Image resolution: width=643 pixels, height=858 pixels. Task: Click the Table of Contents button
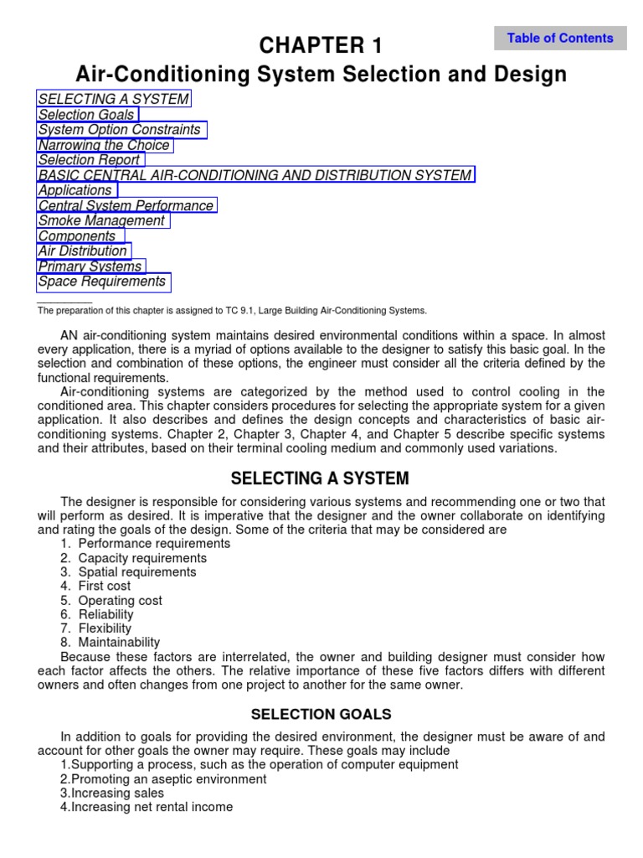pos(560,38)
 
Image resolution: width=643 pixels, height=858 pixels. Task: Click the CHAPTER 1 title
pos(321,45)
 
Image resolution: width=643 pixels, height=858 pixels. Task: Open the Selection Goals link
pos(87,115)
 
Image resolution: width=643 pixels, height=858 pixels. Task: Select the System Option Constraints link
pos(121,130)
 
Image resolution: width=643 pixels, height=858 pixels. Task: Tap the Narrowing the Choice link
pos(105,145)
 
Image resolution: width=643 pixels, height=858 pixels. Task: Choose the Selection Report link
pos(90,160)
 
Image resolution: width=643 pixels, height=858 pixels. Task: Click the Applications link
pos(76,190)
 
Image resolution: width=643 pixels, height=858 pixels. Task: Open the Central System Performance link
pos(126,205)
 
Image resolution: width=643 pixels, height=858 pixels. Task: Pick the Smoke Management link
pos(102,220)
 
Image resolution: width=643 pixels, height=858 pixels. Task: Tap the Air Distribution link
pos(83,251)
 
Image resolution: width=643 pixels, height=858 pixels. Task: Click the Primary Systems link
pos(90,266)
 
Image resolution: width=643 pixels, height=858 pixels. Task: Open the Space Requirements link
pos(103,282)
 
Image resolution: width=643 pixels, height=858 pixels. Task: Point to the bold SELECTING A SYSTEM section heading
pos(320,479)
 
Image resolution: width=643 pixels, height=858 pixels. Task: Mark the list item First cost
pos(105,587)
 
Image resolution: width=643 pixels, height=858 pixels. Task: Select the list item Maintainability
pos(119,643)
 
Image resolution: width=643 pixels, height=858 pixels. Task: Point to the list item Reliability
pos(106,615)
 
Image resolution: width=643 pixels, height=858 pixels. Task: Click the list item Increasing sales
pos(117,793)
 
